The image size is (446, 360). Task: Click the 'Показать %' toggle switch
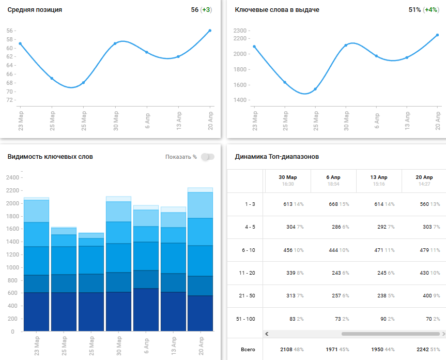click(207, 157)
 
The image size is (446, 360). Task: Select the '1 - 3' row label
click(250, 204)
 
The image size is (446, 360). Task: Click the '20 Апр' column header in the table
click(423, 177)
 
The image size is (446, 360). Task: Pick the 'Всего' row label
click(249, 350)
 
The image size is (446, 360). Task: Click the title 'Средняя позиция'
click(35, 10)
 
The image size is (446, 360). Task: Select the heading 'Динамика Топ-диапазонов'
click(276, 157)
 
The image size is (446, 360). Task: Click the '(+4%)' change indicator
click(430, 10)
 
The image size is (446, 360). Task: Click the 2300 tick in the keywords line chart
click(240, 31)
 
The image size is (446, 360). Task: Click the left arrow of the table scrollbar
click(267, 334)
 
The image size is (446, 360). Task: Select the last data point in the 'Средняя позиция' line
click(210, 31)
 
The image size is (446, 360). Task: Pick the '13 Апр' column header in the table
click(379, 177)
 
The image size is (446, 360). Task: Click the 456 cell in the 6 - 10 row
click(288, 250)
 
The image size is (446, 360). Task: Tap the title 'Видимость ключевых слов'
click(50, 157)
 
